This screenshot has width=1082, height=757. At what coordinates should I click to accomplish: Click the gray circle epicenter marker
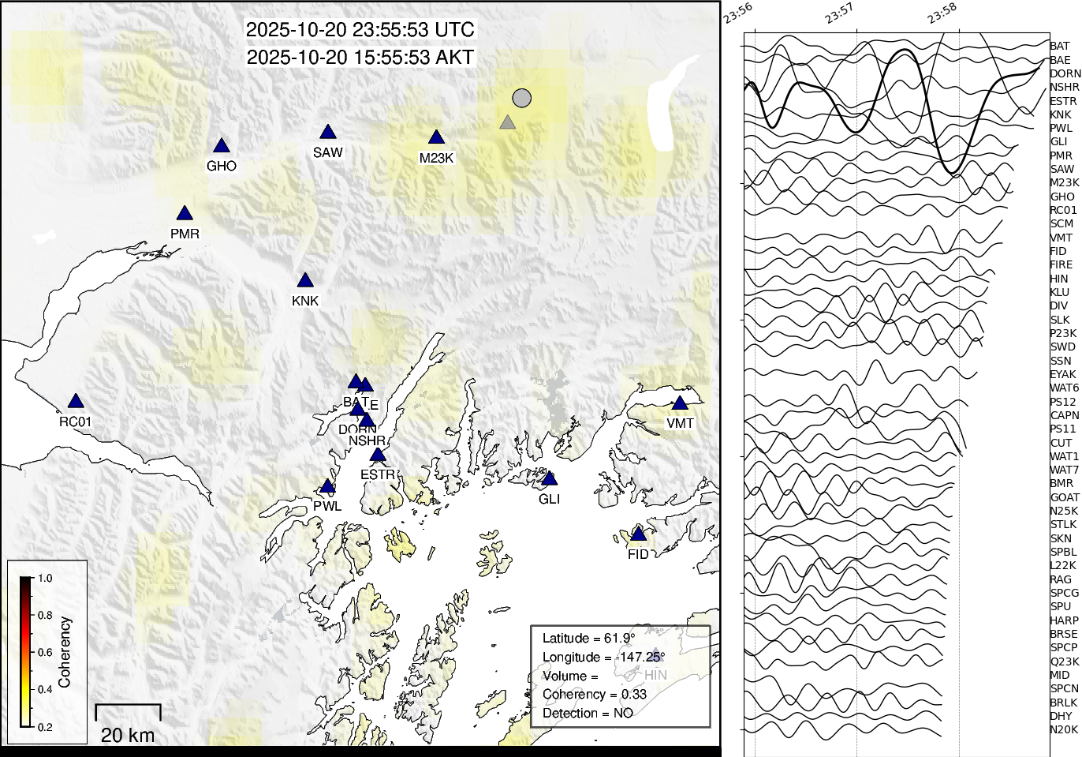pyautogui.click(x=521, y=98)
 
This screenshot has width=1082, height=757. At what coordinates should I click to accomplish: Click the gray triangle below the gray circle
pyautogui.click(x=508, y=122)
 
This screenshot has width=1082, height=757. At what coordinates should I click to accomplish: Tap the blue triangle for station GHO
pyautogui.click(x=222, y=145)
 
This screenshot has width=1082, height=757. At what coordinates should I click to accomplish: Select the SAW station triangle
pyautogui.click(x=328, y=132)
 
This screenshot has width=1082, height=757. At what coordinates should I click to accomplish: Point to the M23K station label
pyautogui.click(x=436, y=158)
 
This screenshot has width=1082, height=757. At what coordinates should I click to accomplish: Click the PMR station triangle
pyautogui.click(x=185, y=213)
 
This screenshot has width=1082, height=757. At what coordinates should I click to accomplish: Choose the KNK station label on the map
pyautogui.click(x=305, y=301)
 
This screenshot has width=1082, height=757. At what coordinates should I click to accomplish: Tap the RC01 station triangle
pyautogui.click(x=76, y=401)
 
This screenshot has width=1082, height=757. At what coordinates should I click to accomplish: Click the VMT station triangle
pyautogui.click(x=680, y=403)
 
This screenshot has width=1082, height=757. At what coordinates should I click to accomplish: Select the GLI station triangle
pyautogui.click(x=550, y=478)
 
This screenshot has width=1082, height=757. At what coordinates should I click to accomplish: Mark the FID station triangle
pyautogui.click(x=639, y=534)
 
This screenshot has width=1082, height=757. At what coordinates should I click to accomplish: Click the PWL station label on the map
pyautogui.click(x=327, y=506)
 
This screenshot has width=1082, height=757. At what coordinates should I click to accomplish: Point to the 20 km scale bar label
pyautogui.click(x=128, y=735)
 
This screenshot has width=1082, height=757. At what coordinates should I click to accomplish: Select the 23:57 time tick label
pyautogui.click(x=839, y=13)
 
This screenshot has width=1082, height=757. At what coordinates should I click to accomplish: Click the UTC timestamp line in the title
pyautogui.click(x=360, y=30)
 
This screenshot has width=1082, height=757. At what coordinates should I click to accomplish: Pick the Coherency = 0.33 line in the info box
pyautogui.click(x=595, y=695)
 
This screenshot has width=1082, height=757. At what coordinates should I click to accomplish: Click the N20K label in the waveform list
pyautogui.click(x=1064, y=729)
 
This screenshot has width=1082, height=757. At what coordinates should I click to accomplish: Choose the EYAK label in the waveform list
pyautogui.click(x=1062, y=374)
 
